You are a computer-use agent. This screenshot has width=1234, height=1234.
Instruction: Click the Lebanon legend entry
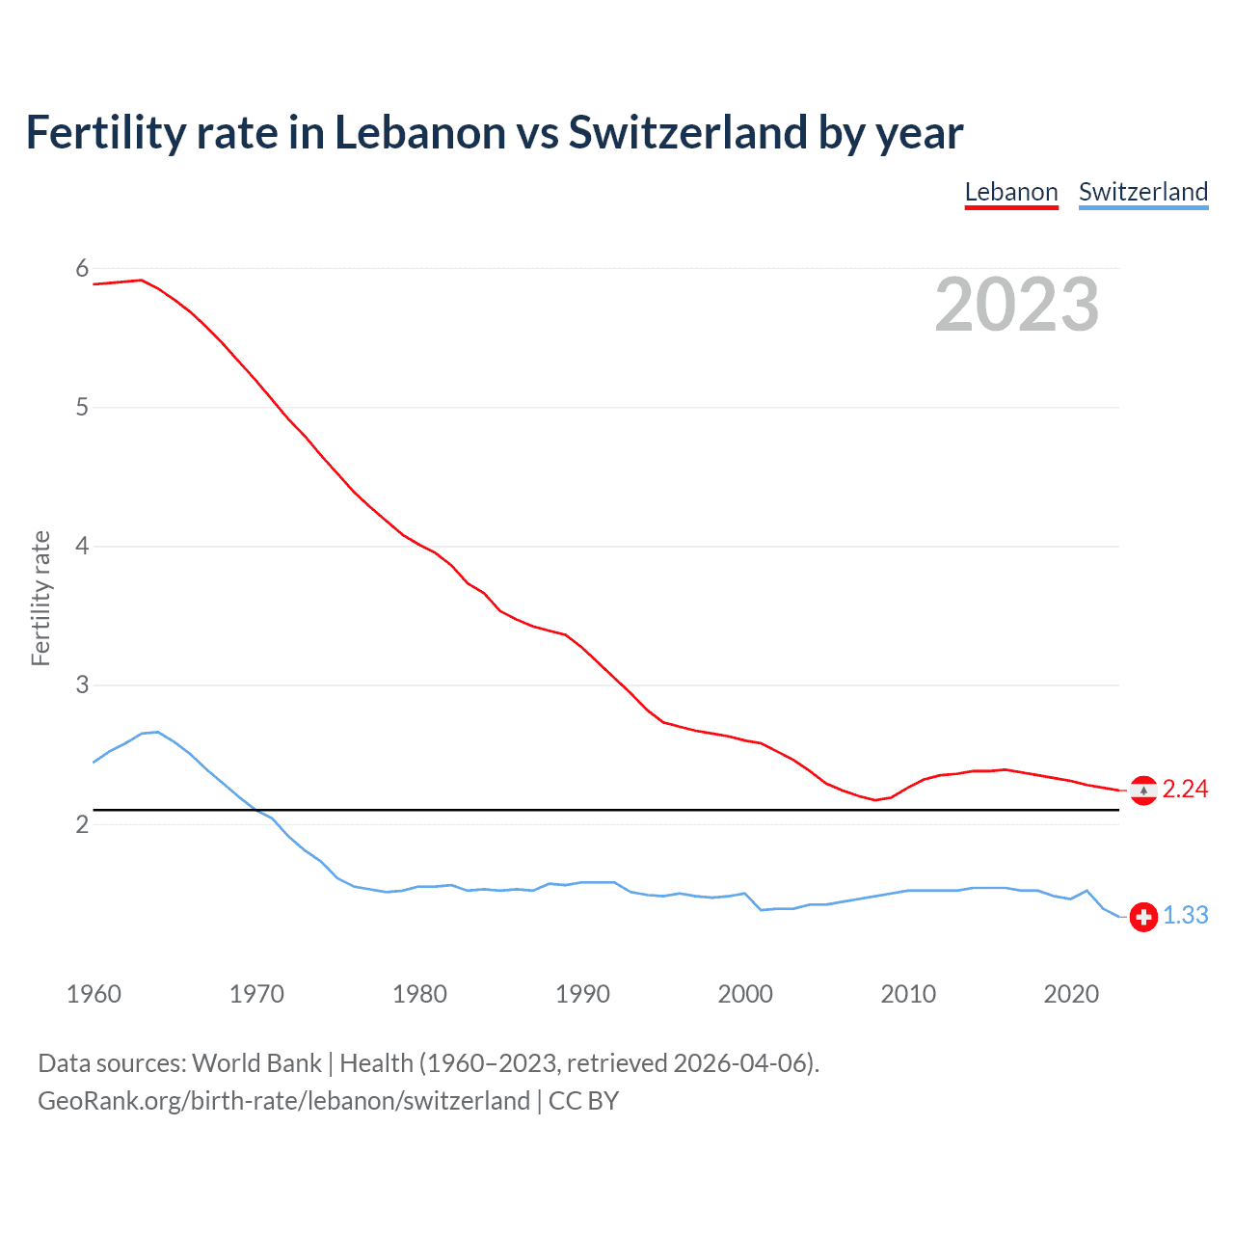pos(1011,192)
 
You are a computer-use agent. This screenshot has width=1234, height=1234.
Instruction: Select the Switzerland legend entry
pos(1143,192)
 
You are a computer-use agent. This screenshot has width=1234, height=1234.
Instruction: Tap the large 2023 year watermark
pos(1017,305)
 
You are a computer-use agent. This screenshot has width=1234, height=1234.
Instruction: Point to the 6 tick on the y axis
pos(82,269)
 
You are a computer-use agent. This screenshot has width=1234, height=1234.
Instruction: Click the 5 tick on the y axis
pos(82,408)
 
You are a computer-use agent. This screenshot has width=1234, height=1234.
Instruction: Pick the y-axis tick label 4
pos(82,547)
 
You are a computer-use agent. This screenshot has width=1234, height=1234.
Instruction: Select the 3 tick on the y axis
pos(82,685)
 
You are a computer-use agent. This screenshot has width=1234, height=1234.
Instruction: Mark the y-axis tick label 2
pos(82,824)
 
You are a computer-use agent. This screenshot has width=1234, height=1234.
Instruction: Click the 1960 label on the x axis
pos(94,994)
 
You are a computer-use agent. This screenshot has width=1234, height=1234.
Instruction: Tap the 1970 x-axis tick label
pos(256,994)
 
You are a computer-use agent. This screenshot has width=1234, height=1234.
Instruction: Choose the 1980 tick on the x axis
pos(419,994)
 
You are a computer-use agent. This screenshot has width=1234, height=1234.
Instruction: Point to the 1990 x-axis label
pos(582,994)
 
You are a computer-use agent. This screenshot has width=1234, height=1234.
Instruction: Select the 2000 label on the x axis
pos(745,994)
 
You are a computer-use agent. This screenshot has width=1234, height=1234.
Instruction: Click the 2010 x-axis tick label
pos(908,994)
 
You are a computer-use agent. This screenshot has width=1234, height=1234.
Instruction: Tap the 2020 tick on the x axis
pos(1071,994)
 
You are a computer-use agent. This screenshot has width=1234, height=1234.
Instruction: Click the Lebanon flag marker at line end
pos(1143,791)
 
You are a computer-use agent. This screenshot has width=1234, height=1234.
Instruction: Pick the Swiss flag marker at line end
pos(1143,917)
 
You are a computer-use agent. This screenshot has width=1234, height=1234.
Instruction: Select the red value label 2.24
pos(1185,790)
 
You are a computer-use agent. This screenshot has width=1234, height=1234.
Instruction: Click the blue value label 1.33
pos(1185,916)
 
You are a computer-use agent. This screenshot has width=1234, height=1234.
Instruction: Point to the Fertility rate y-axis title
pos(40,598)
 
